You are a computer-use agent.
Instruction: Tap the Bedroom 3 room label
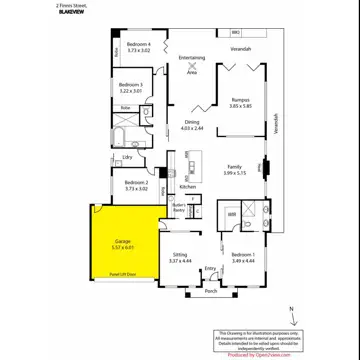(x=132, y=87)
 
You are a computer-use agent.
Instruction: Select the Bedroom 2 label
(x=137, y=183)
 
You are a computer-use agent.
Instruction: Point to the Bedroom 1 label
(x=244, y=256)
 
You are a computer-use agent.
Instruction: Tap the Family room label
(x=234, y=167)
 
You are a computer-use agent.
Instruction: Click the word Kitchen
(x=188, y=187)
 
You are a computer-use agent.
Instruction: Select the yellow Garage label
(x=123, y=243)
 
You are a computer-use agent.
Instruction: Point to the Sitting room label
(x=180, y=256)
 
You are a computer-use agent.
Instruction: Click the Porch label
(x=210, y=291)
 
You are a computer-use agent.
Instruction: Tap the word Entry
(x=210, y=268)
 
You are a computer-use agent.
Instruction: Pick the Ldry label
(x=128, y=157)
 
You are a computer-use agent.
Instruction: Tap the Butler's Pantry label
(x=179, y=208)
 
